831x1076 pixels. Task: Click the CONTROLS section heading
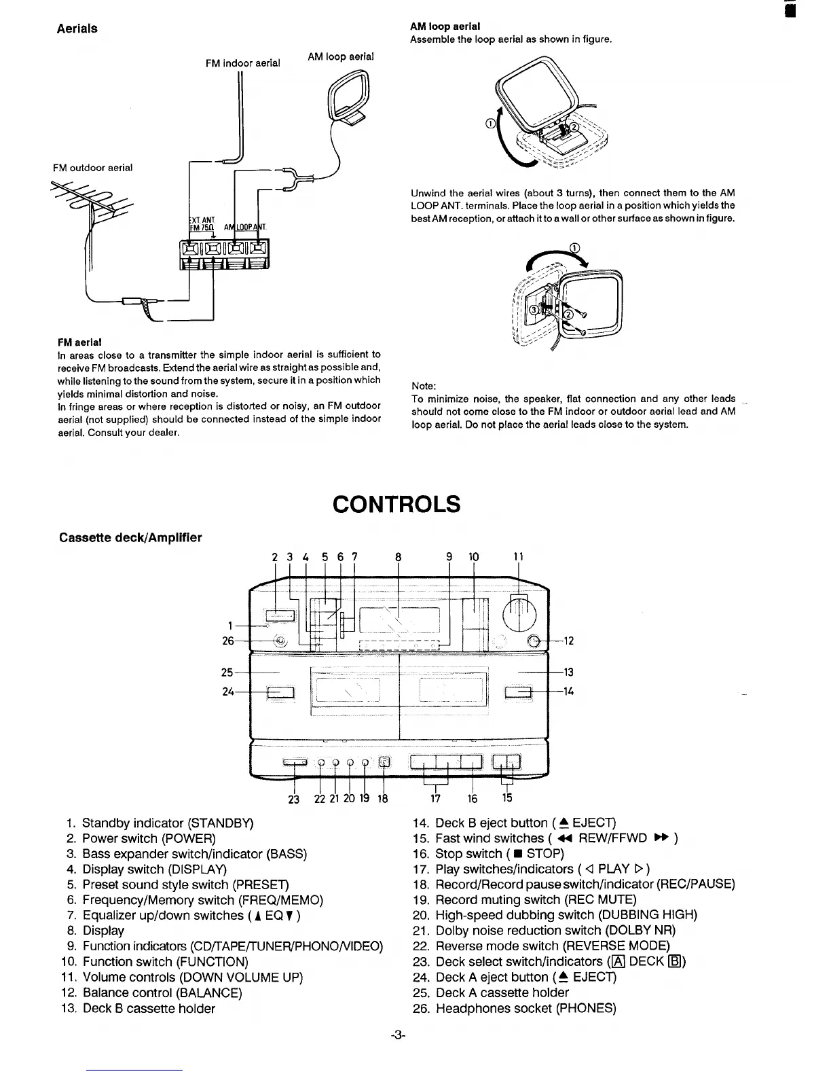396,505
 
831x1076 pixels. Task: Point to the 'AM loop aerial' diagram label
340,56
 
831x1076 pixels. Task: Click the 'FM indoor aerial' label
242,63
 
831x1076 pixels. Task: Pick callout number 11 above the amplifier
518,557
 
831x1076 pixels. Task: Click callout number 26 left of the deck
228,641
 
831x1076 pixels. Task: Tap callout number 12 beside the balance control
569,641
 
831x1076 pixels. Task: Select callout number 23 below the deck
293,800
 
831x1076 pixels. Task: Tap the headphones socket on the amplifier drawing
279,641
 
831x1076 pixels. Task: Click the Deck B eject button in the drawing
518,692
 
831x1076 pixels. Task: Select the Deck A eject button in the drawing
280,692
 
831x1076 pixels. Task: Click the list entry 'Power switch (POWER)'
149,838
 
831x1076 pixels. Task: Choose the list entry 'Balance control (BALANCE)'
162,992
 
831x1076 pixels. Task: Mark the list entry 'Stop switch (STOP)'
499,854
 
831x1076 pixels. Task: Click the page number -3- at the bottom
398,1035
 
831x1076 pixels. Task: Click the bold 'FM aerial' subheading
81,342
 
